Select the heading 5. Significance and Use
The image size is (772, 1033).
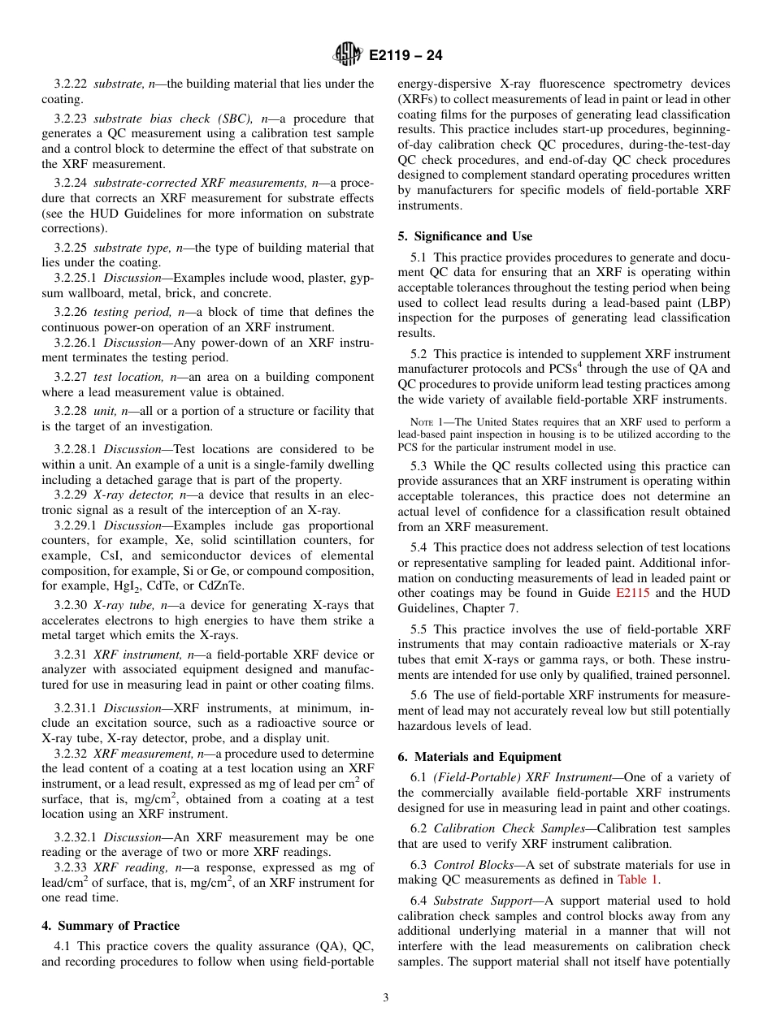465,236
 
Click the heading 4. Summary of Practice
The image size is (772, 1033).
111,926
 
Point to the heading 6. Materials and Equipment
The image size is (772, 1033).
479,756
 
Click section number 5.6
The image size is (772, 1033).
419,695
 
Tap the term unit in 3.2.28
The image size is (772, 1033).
106,411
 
